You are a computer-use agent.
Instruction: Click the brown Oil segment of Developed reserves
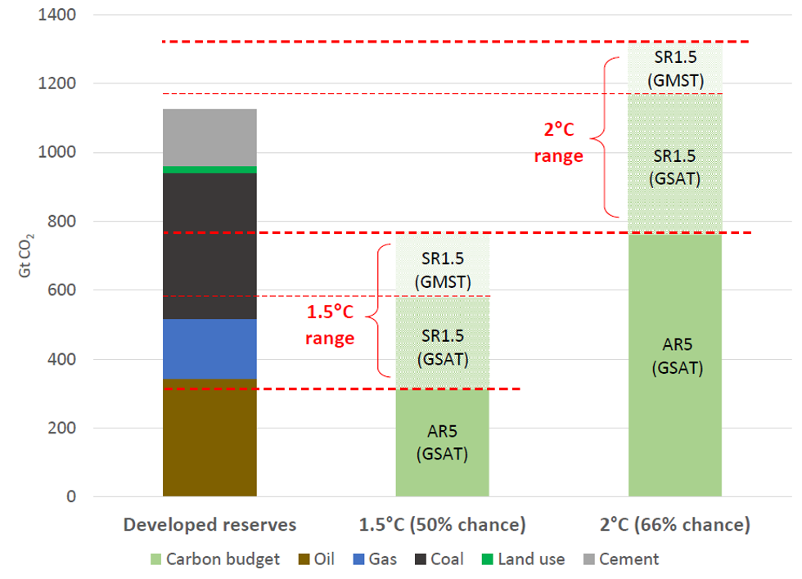tap(210, 438)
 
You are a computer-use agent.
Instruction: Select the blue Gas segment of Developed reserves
tap(210, 349)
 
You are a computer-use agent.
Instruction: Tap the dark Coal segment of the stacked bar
tap(210, 245)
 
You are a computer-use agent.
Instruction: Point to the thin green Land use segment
tap(210, 169)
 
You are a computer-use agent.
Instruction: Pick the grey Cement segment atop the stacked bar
tap(210, 137)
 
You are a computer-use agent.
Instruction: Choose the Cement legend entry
tap(619, 559)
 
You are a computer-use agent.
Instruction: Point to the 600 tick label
tap(61, 290)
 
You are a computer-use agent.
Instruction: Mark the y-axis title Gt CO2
tap(25, 254)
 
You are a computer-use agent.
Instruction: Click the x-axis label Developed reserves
tap(210, 525)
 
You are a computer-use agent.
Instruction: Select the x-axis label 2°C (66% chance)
tap(675, 525)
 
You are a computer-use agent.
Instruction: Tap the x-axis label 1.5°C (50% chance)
tap(443, 525)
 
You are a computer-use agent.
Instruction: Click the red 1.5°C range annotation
tap(330, 325)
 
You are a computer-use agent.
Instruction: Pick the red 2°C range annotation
tap(558, 144)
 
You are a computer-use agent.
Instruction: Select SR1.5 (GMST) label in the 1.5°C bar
tap(443, 270)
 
